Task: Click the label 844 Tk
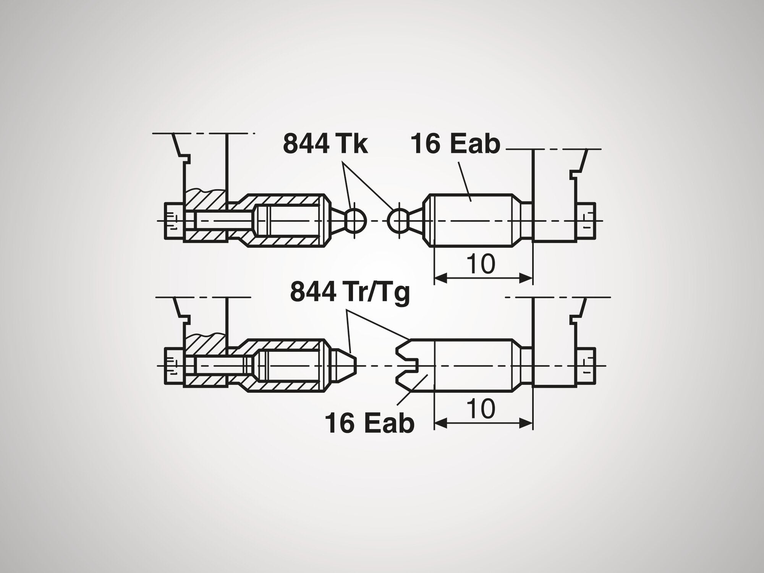(x=325, y=144)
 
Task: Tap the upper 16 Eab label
(x=455, y=144)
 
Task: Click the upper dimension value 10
(x=483, y=264)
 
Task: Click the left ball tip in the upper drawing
(x=356, y=220)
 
